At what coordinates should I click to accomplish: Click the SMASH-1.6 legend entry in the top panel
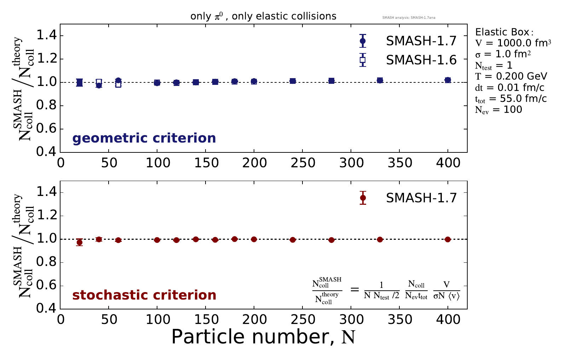pos(421,60)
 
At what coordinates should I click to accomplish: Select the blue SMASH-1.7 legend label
pos(421,41)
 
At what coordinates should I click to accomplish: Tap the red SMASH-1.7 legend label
pos(421,198)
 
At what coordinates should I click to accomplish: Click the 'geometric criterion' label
pos(144,138)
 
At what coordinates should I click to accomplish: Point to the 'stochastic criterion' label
pos(144,295)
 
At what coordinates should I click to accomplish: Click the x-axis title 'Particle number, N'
pos(263,337)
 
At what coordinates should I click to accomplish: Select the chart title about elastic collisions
pos(263,16)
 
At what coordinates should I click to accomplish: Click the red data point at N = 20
pos(80,242)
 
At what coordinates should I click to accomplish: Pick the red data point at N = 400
pos(448,239)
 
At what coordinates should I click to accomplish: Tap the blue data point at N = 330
pos(380,80)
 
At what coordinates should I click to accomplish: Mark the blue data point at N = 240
pos(293,81)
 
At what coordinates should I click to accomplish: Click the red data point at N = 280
pos(331,240)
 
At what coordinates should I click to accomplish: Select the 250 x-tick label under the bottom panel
pos(302,320)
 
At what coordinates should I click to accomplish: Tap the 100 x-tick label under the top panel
pos(157,163)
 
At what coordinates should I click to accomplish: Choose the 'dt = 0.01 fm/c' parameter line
pos(510,87)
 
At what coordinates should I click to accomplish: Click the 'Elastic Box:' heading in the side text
pos(502,32)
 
